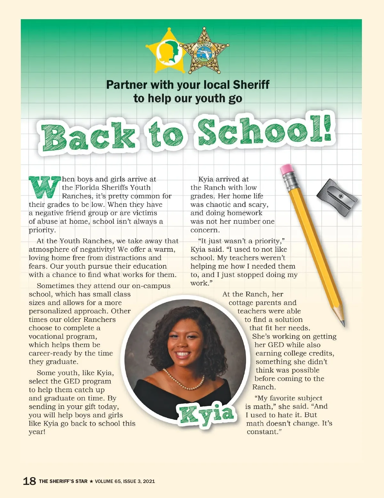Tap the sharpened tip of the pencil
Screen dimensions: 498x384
(x=343, y=323)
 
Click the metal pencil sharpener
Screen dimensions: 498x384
(x=337, y=197)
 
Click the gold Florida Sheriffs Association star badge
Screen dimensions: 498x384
(x=204, y=51)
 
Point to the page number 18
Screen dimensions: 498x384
(x=29, y=481)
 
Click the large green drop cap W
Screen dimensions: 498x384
(x=44, y=187)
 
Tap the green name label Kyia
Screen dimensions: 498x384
(x=207, y=414)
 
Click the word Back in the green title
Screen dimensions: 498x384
(x=88, y=137)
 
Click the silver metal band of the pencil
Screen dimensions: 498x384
(x=292, y=181)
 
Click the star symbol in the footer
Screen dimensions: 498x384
(x=91, y=481)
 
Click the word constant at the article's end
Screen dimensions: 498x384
(x=262, y=432)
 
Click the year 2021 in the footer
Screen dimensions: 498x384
(x=149, y=481)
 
